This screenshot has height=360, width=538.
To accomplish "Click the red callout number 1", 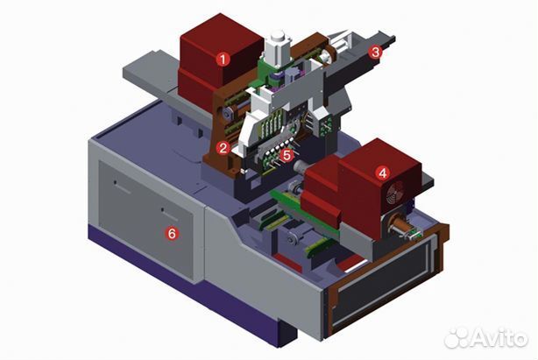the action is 223,60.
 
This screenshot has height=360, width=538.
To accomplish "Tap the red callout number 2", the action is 223,148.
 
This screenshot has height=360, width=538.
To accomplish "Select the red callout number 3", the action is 375,52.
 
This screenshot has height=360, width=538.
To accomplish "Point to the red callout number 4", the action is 382,173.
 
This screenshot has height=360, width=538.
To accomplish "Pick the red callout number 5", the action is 287,155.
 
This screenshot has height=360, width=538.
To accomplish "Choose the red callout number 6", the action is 172,234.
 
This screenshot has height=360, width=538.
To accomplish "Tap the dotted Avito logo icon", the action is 457,338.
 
